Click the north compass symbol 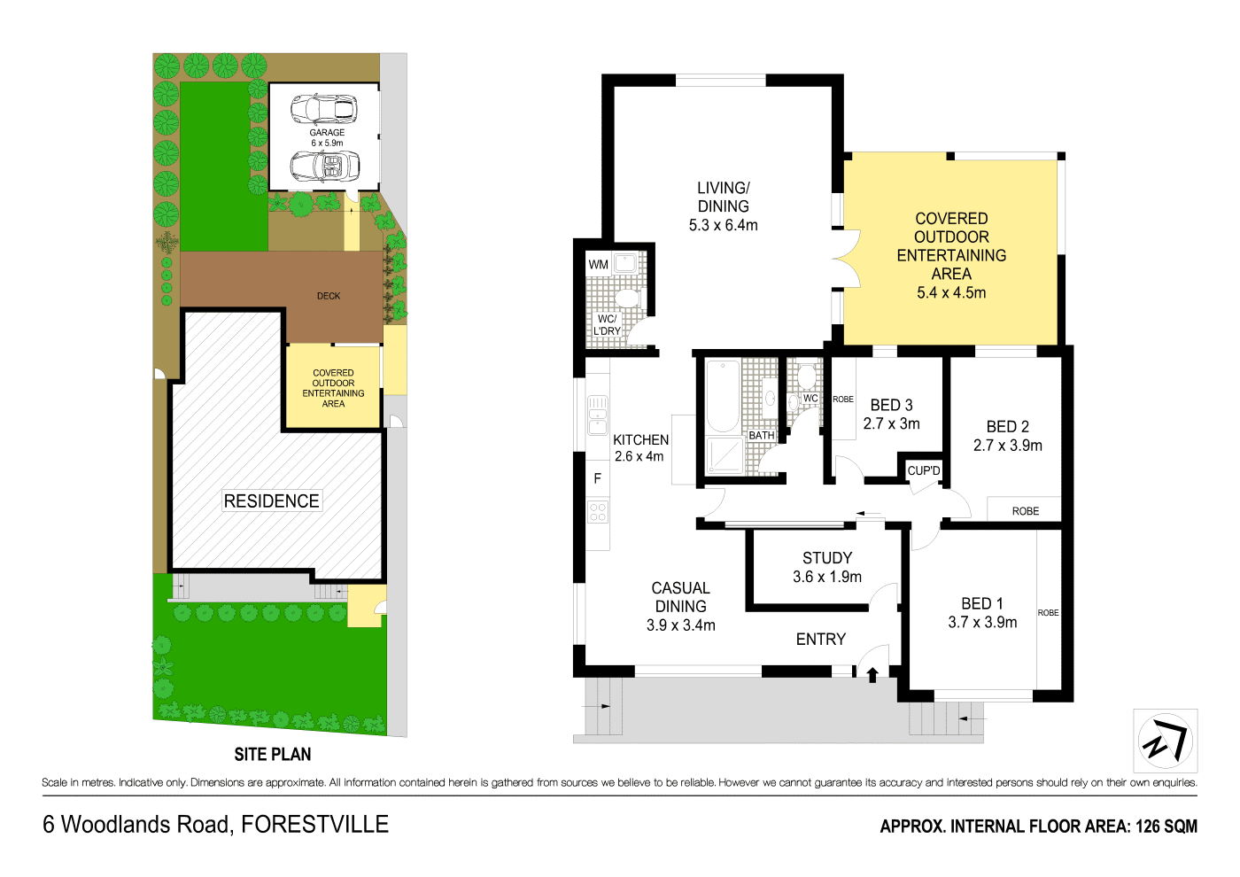(1165, 741)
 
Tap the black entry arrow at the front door (872, 675)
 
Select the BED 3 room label (891, 405)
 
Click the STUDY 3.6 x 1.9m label (827, 567)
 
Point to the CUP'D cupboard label (924, 470)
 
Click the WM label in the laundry (599, 264)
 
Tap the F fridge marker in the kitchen (598, 478)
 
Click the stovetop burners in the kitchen (598, 511)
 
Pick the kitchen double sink (598, 415)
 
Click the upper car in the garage (323, 108)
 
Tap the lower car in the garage (326, 166)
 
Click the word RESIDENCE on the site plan (271, 501)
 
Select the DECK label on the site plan (329, 296)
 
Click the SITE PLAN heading (273, 755)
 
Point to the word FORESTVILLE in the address (314, 825)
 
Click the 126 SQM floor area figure (1166, 827)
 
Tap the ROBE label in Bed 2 (1026, 511)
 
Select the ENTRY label (821, 639)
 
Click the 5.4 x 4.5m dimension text (951, 292)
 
